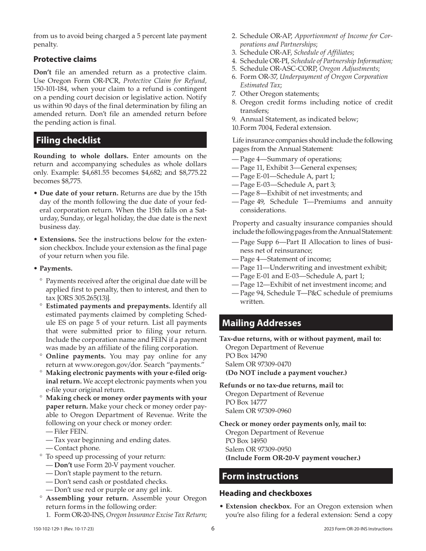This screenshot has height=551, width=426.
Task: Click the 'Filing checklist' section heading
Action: pos(68,140)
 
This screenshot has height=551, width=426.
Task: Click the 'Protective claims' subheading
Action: pos(65,59)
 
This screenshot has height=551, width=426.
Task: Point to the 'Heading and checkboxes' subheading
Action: pos(265,493)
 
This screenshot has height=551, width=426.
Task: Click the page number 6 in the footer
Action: pos(213,529)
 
